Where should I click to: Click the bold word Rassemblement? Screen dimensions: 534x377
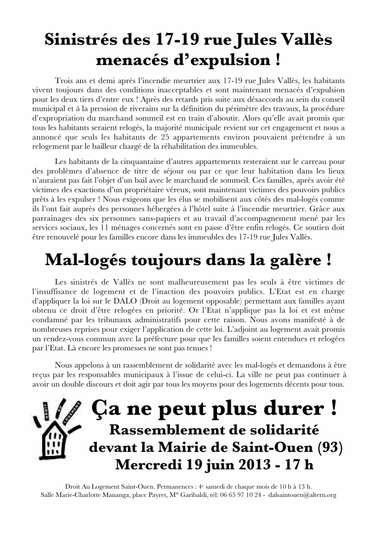point(168,430)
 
